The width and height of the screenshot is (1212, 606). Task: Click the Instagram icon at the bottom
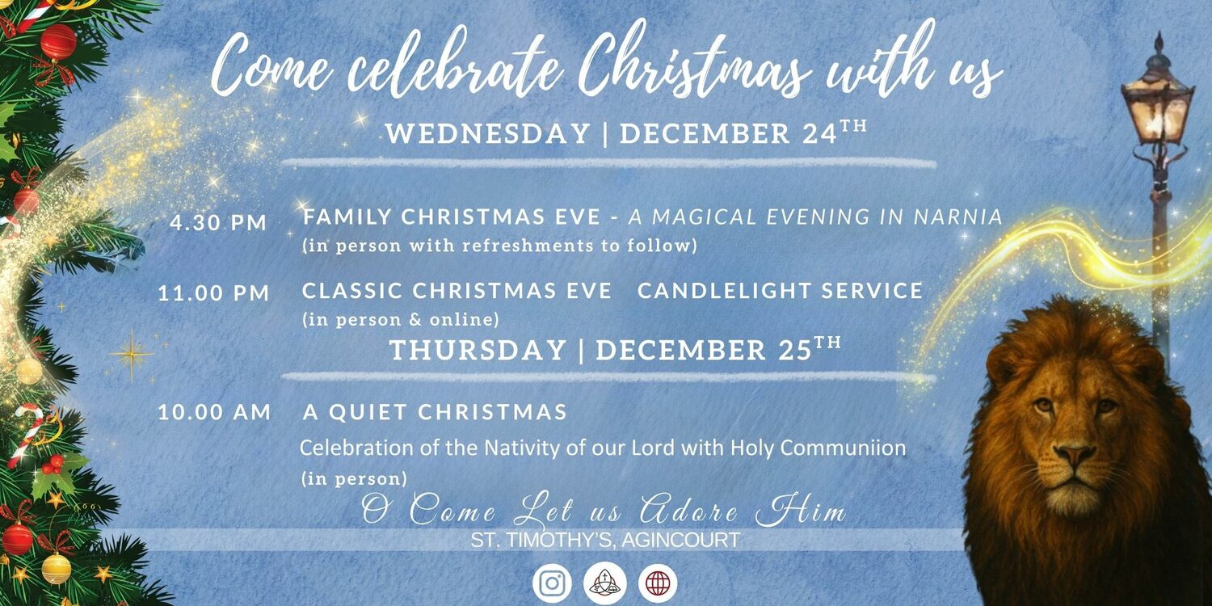(552, 583)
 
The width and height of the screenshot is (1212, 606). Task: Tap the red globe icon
(658, 583)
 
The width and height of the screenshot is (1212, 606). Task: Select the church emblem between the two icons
(605, 583)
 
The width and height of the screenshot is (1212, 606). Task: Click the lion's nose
(1074, 454)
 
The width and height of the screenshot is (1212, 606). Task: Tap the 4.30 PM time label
(218, 223)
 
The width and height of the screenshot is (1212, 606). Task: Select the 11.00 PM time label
(214, 293)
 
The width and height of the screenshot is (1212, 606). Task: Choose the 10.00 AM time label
(214, 412)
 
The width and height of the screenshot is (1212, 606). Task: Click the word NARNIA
(958, 217)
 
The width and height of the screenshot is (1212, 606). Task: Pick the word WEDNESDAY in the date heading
(488, 134)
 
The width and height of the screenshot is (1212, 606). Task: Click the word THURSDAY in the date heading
(478, 350)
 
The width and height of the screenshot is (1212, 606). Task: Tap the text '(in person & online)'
(401, 320)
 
